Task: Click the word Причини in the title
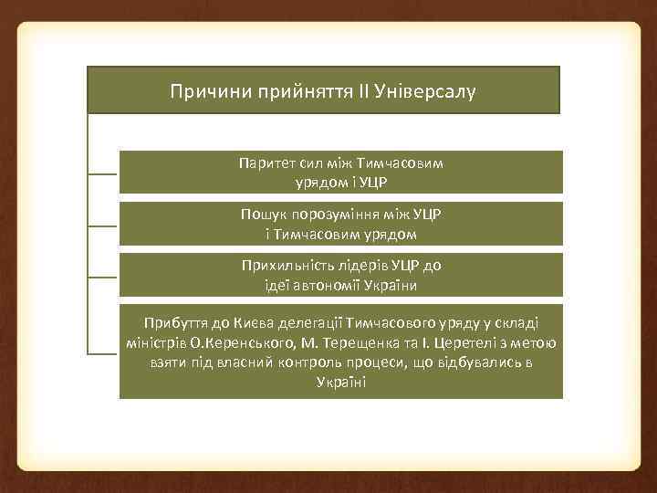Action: pyautogui.click(x=203, y=92)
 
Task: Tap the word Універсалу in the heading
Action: pyautogui.click(x=430, y=92)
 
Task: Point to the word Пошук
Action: pyautogui.click(x=260, y=215)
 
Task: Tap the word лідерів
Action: pyautogui.click(x=359, y=267)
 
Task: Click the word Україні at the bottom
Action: pyautogui.click(x=340, y=381)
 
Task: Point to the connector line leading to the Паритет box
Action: pyautogui.click(x=102, y=173)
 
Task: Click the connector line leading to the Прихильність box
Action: pyautogui.click(x=102, y=276)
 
